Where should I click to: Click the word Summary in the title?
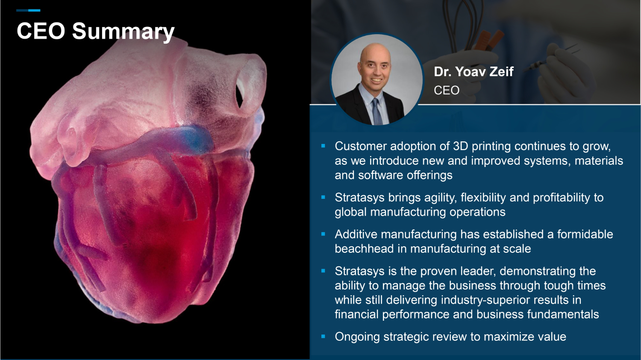123,32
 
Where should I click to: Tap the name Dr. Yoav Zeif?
473,71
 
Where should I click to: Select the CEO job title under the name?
447,91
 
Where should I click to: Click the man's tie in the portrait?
377,112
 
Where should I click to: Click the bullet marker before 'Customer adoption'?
323,146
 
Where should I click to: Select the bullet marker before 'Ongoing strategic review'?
323,337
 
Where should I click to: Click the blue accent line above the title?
28,10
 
